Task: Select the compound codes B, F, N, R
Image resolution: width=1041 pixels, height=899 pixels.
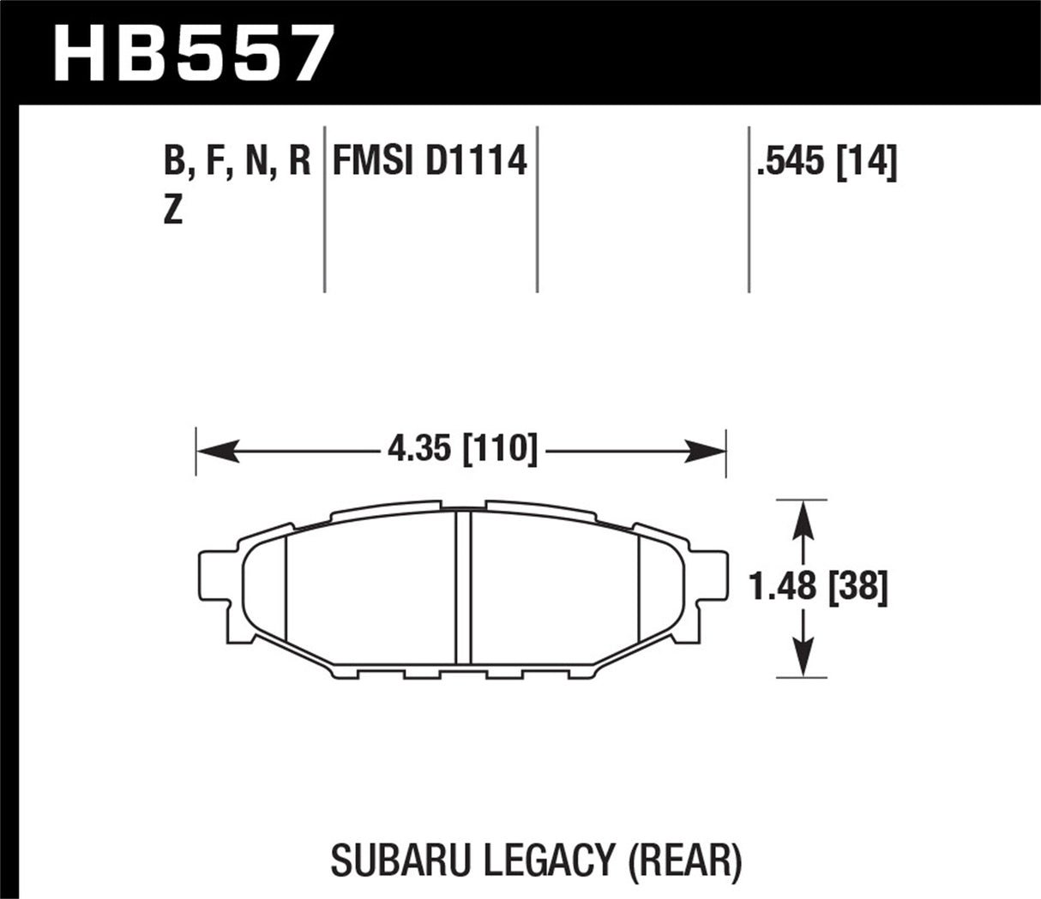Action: point(236,161)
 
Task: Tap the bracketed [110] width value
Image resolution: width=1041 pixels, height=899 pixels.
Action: point(500,449)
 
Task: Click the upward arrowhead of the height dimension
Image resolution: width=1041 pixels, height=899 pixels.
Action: point(801,517)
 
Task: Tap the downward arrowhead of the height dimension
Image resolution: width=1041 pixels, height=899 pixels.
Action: point(801,660)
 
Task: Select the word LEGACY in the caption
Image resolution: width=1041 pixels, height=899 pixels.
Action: point(540,860)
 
